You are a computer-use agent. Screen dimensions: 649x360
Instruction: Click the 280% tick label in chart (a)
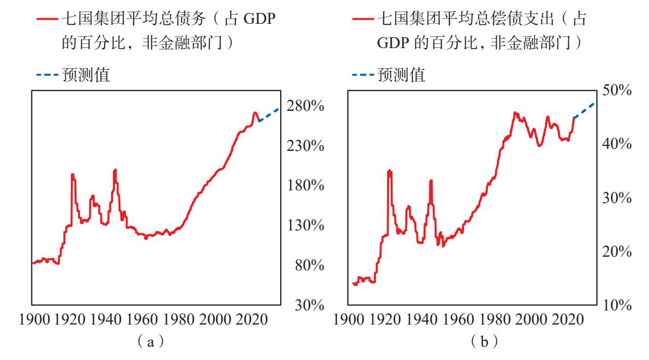click(x=306, y=106)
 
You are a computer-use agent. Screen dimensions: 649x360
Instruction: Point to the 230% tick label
click(x=306, y=146)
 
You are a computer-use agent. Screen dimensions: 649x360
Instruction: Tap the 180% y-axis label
click(x=306, y=185)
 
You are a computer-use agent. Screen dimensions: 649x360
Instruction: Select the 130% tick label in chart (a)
click(x=306, y=225)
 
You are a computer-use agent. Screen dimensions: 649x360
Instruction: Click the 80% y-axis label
click(x=310, y=265)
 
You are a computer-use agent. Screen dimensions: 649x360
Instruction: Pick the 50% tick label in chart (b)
click(x=617, y=90)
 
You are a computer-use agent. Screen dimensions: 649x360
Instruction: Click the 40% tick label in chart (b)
click(x=617, y=144)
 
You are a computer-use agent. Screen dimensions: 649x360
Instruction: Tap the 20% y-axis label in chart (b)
click(x=617, y=251)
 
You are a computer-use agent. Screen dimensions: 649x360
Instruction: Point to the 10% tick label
click(x=617, y=305)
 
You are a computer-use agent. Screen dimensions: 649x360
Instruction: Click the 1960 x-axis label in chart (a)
click(x=142, y=319)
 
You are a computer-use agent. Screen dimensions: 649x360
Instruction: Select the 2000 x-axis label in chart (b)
click(x=531, y=319)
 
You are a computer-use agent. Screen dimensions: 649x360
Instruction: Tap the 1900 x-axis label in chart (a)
click(x=34, y=319)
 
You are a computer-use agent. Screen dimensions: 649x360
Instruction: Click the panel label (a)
click(x=150, y=342)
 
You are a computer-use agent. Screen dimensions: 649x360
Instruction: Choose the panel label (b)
click(x=484, y=342)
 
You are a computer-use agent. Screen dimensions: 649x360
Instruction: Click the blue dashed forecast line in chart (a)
click(x=269, y=115)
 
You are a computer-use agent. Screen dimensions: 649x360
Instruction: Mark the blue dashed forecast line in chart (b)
click(x=584, y=111)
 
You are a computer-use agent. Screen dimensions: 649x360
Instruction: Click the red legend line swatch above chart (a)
click(x=47, y=19)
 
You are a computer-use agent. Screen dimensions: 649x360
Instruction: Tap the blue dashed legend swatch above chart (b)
click(x=363, y=75)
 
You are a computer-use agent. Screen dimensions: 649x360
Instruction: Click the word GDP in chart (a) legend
click(x=259, y=19)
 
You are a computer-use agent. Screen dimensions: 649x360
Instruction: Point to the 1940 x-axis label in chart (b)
click(x=422, y=319)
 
